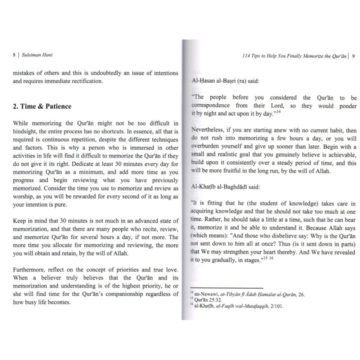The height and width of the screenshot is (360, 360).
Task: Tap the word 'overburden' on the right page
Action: (209, 149)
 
